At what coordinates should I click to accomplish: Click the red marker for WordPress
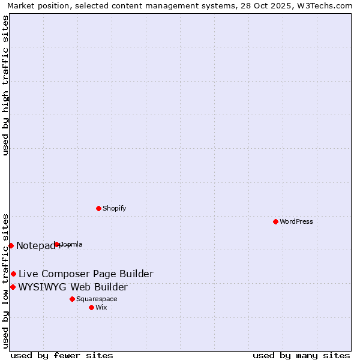click(275, 221)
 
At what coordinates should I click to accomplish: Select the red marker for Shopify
click(98, 208)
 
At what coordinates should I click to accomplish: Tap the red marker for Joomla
click(57, 244)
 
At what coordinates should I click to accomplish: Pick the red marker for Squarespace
click(72, 299)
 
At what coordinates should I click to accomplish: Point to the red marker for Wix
click(91, 307)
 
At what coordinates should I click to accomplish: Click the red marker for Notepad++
click(11, 245)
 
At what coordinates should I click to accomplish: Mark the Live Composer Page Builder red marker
click(13, 274)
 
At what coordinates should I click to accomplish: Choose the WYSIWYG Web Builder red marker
click(13, 287)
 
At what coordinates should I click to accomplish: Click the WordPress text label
click(296, 221)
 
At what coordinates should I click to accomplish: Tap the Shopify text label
click(114, 208)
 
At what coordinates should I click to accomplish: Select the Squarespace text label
click(97, 299)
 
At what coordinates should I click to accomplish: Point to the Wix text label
click(101, 307)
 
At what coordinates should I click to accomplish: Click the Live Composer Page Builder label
click(86, 274)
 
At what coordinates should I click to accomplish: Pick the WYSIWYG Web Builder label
click(73, 287)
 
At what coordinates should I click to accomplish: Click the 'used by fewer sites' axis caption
click(62, 355)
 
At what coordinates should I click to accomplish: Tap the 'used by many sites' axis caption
click(301, 355)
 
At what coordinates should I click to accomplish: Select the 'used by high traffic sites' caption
click(5, 85)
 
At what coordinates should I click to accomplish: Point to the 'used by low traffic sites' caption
click(5, 281)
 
